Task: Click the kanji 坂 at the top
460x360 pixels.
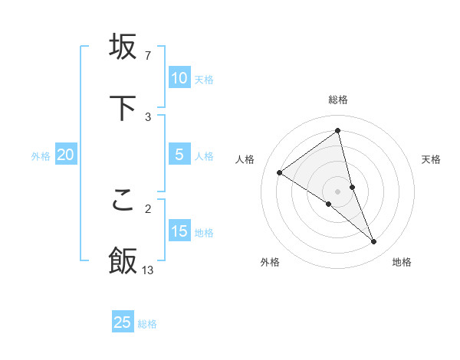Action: point(123,47)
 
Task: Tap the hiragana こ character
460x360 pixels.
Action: point(123,200)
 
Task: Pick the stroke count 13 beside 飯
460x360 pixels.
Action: point(148,270)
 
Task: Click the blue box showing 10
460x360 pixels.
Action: point(179,78)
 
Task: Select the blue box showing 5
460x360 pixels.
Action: point(179,155)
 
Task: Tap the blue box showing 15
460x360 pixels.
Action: point(179,231)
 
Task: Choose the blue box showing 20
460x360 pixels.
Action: point(66,155)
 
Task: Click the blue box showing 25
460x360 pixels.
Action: point(123,322)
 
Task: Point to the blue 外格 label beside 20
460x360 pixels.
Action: point(41,156)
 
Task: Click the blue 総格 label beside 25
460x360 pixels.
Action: point(147,324)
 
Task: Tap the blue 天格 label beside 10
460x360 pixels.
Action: point(204,80)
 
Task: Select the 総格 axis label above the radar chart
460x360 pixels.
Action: point(338,100)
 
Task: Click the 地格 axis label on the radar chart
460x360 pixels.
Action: point(402,262)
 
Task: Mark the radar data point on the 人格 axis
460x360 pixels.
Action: point(280,172)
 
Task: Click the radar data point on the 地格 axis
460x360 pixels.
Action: point(374,242)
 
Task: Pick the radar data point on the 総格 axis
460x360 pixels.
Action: point(338,130)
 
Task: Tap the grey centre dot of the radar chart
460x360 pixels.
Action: point(338,191)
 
